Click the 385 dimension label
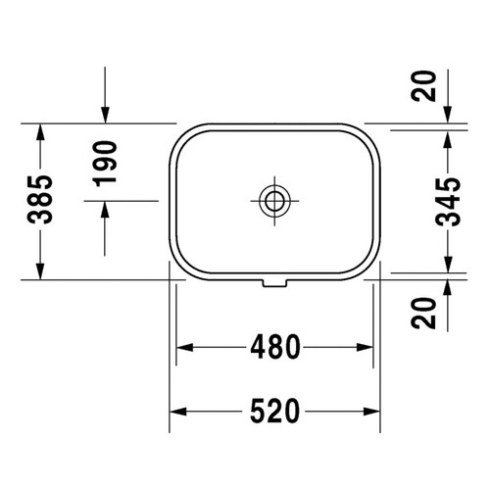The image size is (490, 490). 40,200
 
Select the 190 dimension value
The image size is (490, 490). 105,164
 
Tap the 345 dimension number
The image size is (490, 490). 448,202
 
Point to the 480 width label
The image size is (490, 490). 275,347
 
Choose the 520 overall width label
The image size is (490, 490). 274,411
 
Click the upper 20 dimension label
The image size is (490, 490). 423,86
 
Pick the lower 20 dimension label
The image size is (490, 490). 423,313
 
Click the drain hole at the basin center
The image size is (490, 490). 274,201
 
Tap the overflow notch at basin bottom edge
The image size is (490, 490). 274,283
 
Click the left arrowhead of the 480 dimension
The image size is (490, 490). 184,347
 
